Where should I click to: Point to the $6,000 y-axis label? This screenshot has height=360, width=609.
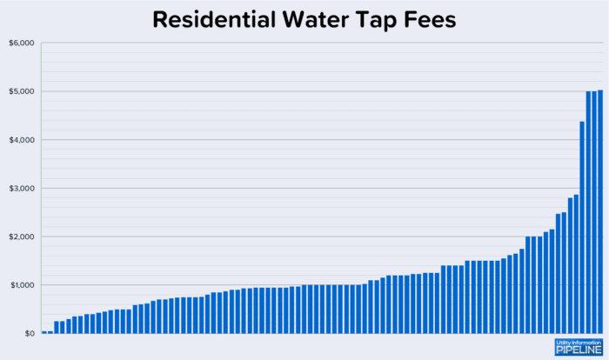[x=21, y=43]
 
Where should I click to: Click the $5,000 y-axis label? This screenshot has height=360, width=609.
[x=21, y=92]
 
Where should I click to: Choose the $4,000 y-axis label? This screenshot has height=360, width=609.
[x=21, y=140]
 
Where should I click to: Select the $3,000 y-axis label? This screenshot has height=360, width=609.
[x=21, y=189]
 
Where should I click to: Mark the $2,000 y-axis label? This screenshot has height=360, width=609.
[x=21, y=237]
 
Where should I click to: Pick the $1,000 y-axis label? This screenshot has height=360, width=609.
[x=21, y=285]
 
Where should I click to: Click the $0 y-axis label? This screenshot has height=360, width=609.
[x=28, y=333]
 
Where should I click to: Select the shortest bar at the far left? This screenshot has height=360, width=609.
[x=44, y=331]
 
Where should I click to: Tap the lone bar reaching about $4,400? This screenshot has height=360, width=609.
[x=582, y=227]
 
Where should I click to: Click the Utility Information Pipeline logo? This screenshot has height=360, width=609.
[x=578, y=347]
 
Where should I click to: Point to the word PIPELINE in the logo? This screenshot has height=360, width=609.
[x=578, y=350]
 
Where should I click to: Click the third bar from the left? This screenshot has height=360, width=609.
[x=57, y=328]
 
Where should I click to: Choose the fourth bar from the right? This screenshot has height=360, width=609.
[x=582, y=227]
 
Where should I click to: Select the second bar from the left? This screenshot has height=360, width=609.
[x=50, y=331]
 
